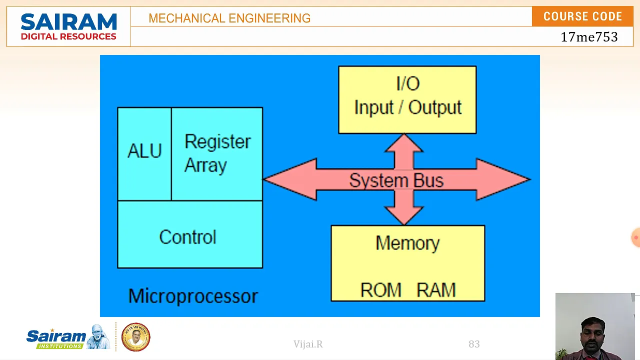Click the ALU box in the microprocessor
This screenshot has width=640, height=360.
(x=144, y=154)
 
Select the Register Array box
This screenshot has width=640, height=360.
(x=217, y=154)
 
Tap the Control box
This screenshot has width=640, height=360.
(x=190, y=234)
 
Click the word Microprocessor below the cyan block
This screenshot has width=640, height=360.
(x=193, y=296)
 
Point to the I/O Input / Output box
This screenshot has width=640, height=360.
(x=407, y=99)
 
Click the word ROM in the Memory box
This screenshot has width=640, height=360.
(x=381, y=290)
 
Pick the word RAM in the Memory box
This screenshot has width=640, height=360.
(x=436, y=290)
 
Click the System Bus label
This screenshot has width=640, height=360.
(x=396, y=180)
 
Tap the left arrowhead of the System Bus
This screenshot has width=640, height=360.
(x=290, y=179)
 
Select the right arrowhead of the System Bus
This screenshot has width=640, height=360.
(x=503, y=179)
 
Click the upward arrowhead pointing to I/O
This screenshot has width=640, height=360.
(x=404, y=143)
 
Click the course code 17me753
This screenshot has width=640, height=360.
(x=589, y=37)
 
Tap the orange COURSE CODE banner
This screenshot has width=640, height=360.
(x=582, y=16)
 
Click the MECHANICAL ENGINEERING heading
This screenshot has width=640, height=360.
(x=229, y=18)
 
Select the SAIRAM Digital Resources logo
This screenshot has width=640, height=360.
(x=68, y=26)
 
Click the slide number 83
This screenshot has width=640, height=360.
(x=474, y=344)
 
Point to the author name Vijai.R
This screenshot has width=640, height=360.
(x=308, y=344)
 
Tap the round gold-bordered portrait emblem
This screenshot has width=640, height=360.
(x=135, y=337)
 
